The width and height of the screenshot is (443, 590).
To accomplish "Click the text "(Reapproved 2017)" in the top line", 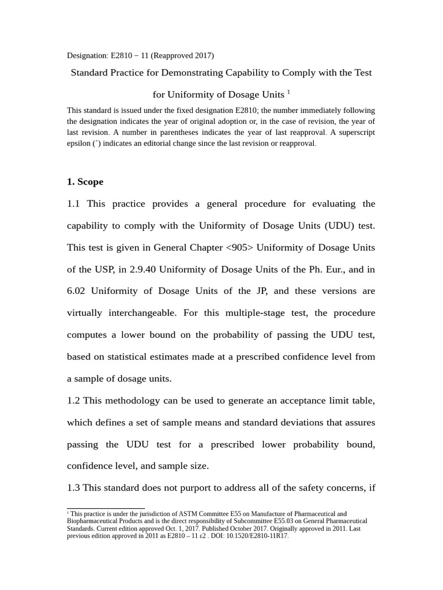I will (183, 56).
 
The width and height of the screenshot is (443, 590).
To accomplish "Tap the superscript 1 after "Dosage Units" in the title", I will (288, 92).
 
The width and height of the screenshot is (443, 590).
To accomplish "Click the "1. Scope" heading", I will (85, 181).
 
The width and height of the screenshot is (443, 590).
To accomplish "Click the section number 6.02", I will (76, 291).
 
